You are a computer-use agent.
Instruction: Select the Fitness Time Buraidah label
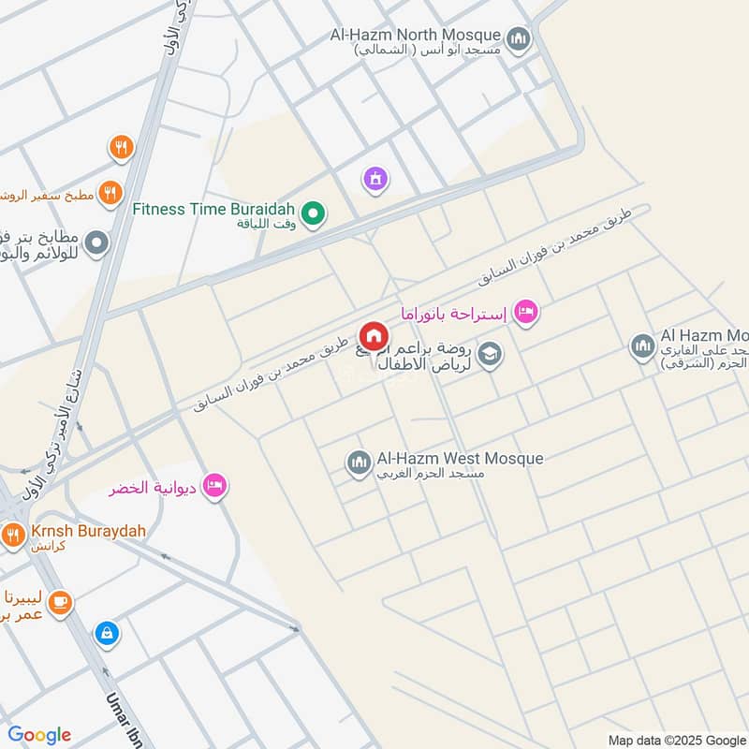click(x=213, y=209)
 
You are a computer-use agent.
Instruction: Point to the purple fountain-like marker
click(x=375, y=178)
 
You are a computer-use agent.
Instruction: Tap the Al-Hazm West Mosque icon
click(x=359, y=463)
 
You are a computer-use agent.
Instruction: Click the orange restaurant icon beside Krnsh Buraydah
click(x=12, y=536)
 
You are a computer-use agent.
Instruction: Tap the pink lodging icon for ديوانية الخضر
click(x=216, y=485)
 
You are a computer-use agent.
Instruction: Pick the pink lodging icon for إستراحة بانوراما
click(x=527, y=311)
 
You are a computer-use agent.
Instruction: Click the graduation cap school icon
click(x=489, y=354)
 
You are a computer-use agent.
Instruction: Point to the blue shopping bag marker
click(x=107, y=633)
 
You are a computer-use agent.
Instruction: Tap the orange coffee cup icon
click(x=61, y=602)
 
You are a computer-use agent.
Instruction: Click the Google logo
click(x=39, y=735)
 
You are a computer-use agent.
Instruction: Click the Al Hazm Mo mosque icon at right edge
click(x=642, y=348)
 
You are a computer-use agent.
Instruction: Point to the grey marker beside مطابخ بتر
click(x=96, y=245)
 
